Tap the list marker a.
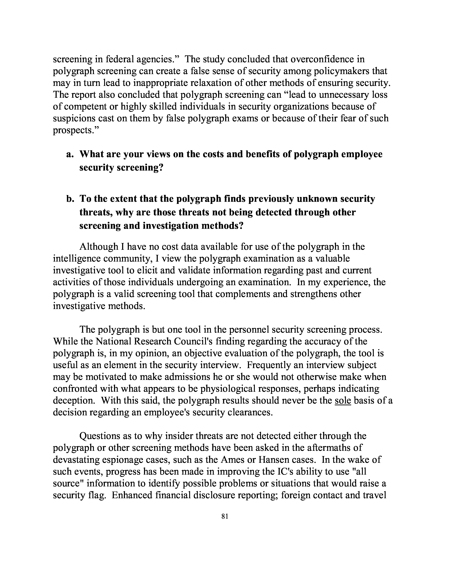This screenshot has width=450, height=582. coord(70,154)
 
